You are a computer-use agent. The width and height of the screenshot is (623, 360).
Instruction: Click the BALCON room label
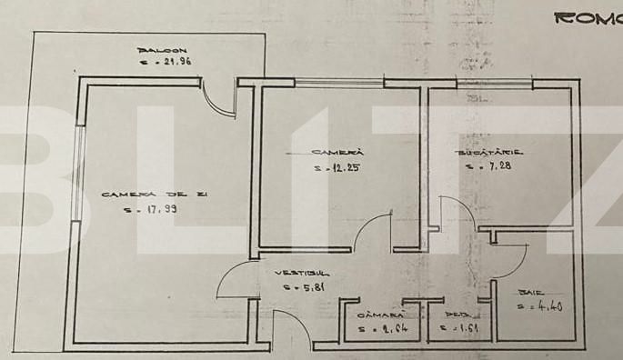[163, 50]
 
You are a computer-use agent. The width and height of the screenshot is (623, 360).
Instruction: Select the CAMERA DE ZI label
[142, 195]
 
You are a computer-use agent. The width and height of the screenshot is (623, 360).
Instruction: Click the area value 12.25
[334, 167]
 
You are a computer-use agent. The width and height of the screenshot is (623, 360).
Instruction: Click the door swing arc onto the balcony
[215, 97]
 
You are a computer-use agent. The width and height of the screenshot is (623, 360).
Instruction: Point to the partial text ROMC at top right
[588, 17]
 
